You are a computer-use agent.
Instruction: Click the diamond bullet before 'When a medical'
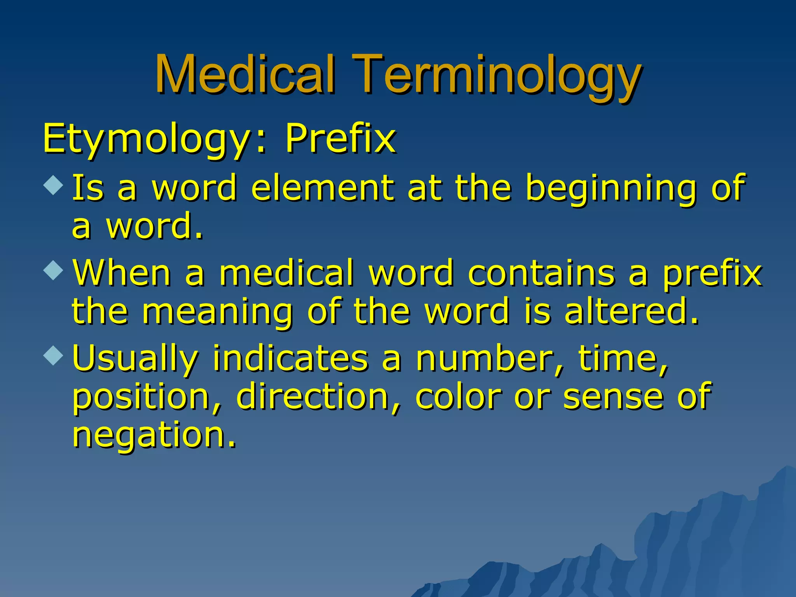point(53,270)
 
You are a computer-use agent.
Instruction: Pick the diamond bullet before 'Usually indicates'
point(53,355)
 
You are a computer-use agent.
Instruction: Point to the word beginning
point(610,189)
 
